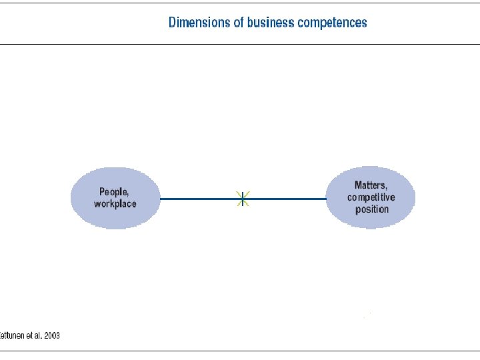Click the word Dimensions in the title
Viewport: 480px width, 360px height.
click(198, 22)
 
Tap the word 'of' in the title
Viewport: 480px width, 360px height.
click(237, 22)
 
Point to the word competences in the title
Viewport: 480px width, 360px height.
click(332, 22)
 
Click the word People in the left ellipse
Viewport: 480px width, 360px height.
click(114, 192)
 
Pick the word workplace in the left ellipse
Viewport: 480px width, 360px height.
click(115, 203)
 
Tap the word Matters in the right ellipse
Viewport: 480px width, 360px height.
click(371, 185)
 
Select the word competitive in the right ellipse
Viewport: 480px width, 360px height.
click(371, 197)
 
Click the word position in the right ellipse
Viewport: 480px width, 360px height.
click(371, 209)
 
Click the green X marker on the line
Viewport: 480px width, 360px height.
click(243, 198)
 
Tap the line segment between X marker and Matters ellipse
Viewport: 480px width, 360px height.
click(285, 198)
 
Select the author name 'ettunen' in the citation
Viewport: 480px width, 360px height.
click(11, 335)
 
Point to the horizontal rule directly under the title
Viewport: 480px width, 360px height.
click(240, 44)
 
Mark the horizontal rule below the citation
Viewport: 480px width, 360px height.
click(240, 351)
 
